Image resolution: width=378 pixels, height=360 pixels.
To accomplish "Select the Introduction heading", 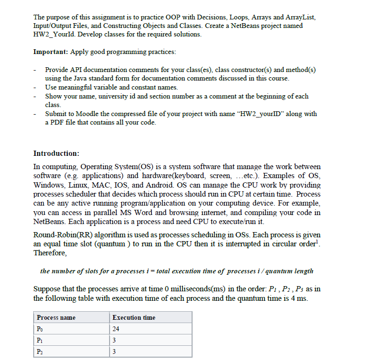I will [x=56, y=153].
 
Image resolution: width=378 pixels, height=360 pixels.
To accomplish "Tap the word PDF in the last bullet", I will [x=59, y=123].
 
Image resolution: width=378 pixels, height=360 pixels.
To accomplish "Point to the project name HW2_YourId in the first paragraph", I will [x=53, y=34].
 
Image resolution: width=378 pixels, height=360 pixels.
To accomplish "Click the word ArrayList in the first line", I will [x=299, y=17].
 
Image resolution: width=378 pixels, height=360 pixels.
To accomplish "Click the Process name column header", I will [x=56, y=317].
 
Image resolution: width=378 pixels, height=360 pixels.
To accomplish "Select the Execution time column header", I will [x=133, y=317].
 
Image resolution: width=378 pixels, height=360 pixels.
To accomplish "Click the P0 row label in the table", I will [x=40, y=329].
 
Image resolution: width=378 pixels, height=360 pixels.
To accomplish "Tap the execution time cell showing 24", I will [x=116, y=329].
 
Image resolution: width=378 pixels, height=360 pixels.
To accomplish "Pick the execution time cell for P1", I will [x=114, y=340].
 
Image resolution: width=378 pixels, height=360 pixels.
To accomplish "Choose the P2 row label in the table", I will [x=40, y=351].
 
